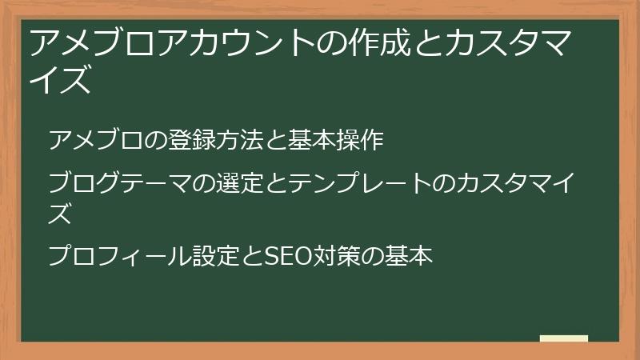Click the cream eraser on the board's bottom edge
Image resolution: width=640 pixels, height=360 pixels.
click(x=563, y=339)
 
